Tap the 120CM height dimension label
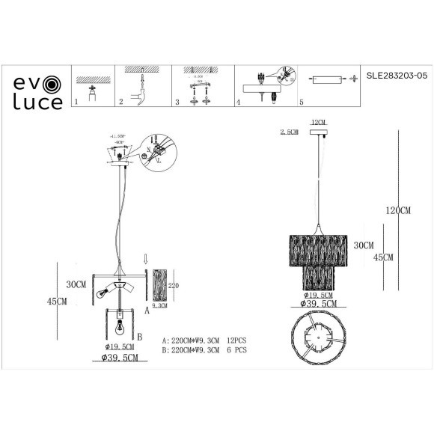click(398, 211)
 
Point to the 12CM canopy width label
click(319, 121)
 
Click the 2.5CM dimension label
click(288, 131)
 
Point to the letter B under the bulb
click(139, 337)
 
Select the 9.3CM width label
click(160, 305)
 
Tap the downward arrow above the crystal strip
click(147, 260)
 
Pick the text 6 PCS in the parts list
click(235, 349)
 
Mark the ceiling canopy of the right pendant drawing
click(320, 135)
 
